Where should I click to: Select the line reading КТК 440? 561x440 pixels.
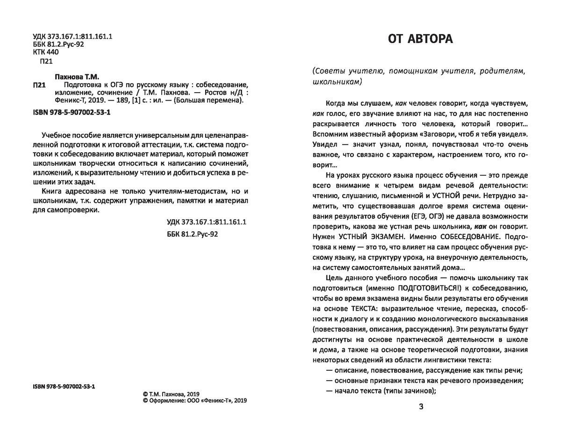46,53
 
